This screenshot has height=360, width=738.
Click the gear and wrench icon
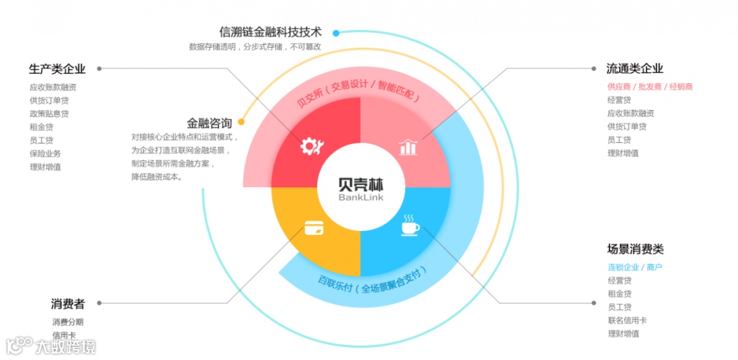(x=312, y=145)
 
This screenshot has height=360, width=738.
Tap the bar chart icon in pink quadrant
(x=408, y=146)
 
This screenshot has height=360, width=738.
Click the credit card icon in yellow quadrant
(x=314, y=227)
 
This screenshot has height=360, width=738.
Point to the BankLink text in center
(x=361, y=197)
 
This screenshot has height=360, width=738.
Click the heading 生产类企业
(x=57, y=68)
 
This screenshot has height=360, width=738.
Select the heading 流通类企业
(x=635, y=68)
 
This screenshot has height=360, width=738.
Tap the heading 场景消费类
(x=635, y=249)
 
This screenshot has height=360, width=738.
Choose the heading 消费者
(x=68, y=304)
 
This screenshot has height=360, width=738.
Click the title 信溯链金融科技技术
(x=271, y=32)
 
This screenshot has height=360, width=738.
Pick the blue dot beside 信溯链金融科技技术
(x=336, y=32)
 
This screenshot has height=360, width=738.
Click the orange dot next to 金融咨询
(x=241, y=124)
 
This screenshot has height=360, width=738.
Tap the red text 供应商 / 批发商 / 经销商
(x=650, y=87)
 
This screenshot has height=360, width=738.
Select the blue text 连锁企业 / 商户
(x=635, y=267)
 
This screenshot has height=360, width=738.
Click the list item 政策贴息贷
(x=49, y=113)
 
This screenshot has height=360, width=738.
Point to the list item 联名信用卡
(x=627, y=320)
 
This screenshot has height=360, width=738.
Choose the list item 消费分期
(x=68, y=322)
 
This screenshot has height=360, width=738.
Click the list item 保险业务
(x=45, y=154)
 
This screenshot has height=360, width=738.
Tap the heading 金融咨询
(x=209, y=124)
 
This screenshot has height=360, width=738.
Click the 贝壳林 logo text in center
(x=361, y=184)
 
